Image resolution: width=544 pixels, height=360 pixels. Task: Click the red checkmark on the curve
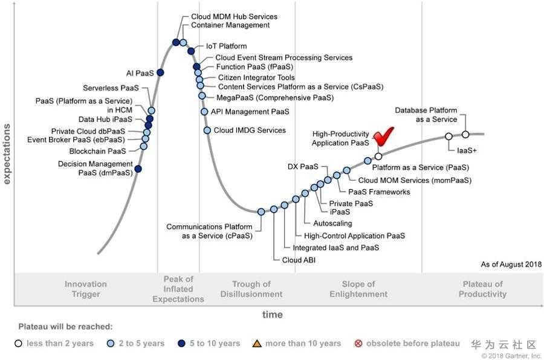click(x=383, y=138)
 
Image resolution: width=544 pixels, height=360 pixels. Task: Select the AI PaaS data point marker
click(x=160, y=72)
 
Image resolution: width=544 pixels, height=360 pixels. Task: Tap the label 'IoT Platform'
click(x=226, y=46)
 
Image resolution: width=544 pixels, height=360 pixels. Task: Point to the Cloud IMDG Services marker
click(x=207, y=130)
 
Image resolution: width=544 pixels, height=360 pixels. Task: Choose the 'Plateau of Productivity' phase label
click(x=482, y=289)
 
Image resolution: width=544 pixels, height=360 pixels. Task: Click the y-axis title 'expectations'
click(x=7, y=153)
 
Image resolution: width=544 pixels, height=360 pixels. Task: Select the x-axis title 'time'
click(x=272, y=315)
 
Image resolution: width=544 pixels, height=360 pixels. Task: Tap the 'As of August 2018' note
click(x=511, y=265)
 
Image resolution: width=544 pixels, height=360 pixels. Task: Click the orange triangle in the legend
click(x=257, y=344)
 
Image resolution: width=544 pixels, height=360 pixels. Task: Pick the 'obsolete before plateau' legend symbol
click(x=358, y=344)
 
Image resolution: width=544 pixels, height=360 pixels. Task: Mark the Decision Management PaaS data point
click(x=138, y=169)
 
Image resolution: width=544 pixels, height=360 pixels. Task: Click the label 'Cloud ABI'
click(x=299, y=260)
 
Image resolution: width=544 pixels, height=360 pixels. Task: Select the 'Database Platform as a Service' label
click(x=426, y=115)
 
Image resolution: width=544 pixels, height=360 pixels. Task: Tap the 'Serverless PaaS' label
click(x=111, y=88)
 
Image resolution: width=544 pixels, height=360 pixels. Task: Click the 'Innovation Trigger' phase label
click(x=86, y=289)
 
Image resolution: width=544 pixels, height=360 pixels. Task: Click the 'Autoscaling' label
click(x=332, y=223)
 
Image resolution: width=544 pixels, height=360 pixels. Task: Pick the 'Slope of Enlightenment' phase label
click(x=358, y=289)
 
